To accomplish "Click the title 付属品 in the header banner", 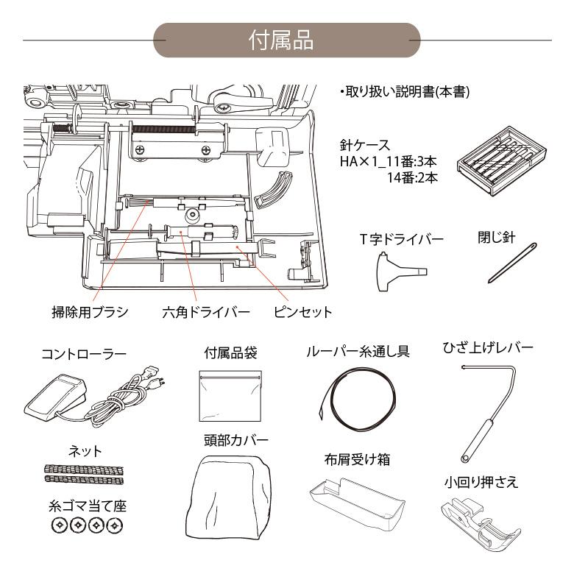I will pyautogui.click(x=286, y=40).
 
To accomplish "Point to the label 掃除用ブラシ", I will pyautogui.click(x=85, y=312).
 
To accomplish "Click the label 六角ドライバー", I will pyautogui.click(x=206, y=312).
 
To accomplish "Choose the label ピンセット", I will pyautogui.click(x=302, y=312).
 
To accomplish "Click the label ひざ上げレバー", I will pyautogui.click(x=487, y=347).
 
